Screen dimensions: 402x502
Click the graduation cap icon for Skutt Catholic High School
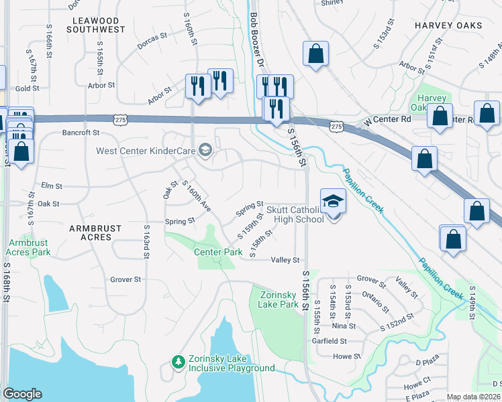pos(333,201)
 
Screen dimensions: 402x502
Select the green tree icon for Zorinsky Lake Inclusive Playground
pos(179,362)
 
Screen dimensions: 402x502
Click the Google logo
pos(22,394)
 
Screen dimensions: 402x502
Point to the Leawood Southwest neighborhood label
pos(98,24)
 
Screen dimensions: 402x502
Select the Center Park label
pos(218,253)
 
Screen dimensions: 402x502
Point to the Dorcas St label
pos(151,40)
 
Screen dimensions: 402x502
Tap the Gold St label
pos(28,88)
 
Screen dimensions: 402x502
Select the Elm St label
pos(52,186)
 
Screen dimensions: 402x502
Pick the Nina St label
pos(344,326)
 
